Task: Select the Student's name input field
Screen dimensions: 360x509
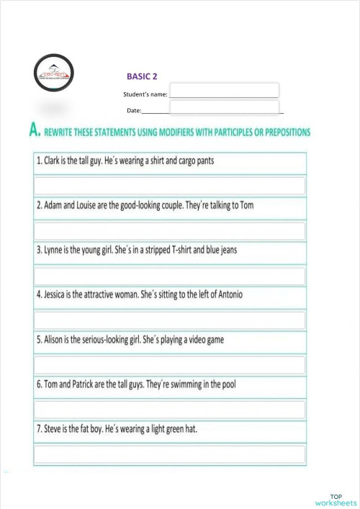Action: pyautogui.click(x=224, y=91)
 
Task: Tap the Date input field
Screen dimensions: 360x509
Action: pyautogui.click(x=224, y=107)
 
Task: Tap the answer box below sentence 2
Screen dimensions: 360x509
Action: pyautogui.click(x=170, y=231)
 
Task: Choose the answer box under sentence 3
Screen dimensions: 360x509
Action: pyautogui.click(x=170, y=276)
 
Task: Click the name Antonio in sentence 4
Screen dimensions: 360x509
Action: pyautogui.click(x=230, y=295)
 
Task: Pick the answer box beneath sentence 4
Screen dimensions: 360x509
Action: pyautogui.click(x=170, y=320)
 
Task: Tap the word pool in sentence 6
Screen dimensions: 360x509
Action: pyautogui.click(x=246, y=384)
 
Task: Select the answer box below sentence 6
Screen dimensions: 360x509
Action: pyautogui.click(x=170, y=410)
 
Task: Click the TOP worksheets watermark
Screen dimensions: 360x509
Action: pyautogui.click(x=335, y=499)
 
